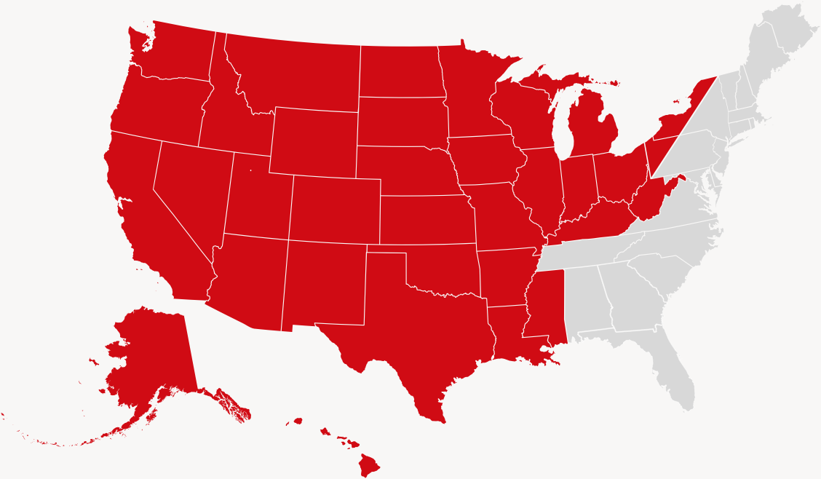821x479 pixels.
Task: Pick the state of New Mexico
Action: pyautogui.click(x=324, y=284)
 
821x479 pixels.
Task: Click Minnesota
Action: pyautogui.click(x=473, y=95)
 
